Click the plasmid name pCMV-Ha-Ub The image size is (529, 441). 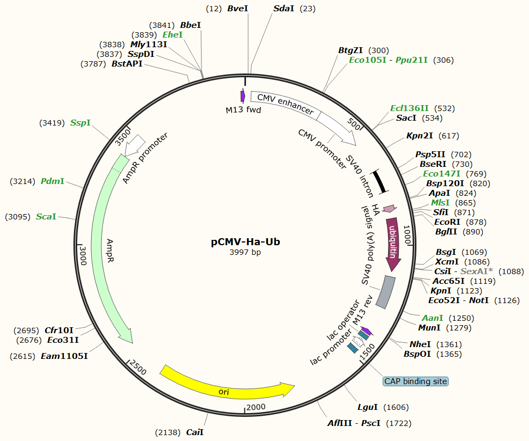[245, 241]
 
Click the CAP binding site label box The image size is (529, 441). [415, 381]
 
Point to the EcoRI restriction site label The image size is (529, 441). [445, 222]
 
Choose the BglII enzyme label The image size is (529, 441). [446, 232]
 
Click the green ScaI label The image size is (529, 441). [46, 217]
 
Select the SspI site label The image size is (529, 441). [80, 123]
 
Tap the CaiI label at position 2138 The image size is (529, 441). [195, 432]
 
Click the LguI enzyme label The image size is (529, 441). [368, 407]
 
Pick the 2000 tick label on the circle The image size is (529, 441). [256, 407]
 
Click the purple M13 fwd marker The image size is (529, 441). [243, 96]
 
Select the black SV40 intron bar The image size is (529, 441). [380, 180]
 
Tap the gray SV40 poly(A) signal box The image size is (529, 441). [385, 292]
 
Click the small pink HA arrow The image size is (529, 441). [389, 208]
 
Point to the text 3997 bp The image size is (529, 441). [245, 252]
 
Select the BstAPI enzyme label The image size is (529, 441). [127, 64]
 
